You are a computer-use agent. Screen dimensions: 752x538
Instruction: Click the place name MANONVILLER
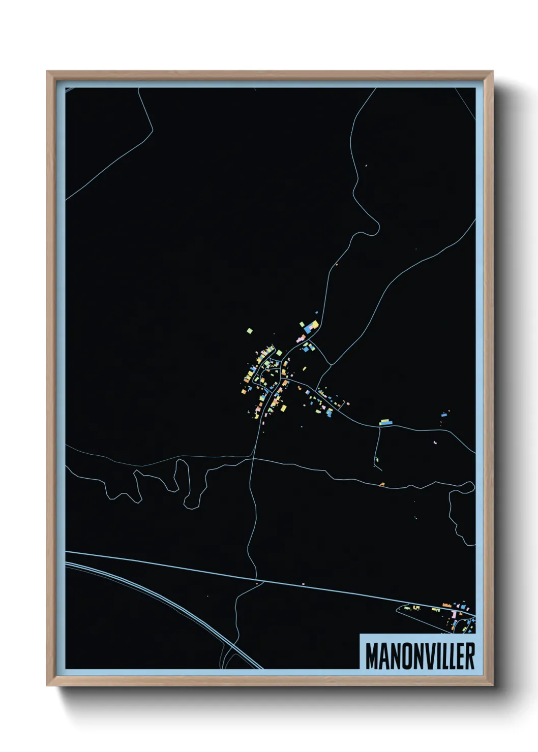tap(420, 656)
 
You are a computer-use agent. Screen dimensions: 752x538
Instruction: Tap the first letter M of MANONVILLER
tap(371, 656)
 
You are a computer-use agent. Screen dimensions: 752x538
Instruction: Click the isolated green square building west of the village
tap(250, 331)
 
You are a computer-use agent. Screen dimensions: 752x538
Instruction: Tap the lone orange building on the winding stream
tap(382, 484)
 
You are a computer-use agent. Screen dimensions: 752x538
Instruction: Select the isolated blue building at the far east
tap(444, 415)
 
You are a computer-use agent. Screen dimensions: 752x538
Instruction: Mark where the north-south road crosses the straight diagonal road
tap(256, 579)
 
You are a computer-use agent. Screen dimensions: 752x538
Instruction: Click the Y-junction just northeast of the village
tap(331, 364)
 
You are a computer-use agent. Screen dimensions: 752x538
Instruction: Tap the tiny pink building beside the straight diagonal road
tap(303, 584)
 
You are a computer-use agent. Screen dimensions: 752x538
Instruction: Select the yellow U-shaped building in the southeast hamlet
tap(416, 607)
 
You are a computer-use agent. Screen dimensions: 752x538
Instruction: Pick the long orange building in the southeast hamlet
tap(447, 605)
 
